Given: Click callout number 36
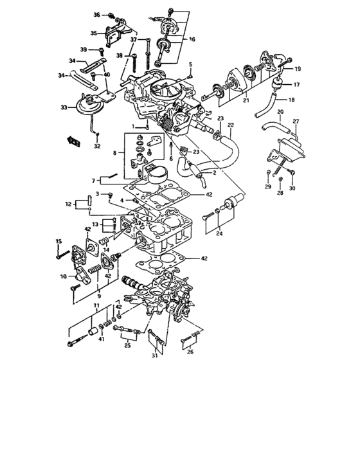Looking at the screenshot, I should (x=97, y=14).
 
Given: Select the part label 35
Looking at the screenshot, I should (x=94, y=33).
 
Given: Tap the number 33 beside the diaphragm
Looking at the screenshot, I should (x=64, y=107).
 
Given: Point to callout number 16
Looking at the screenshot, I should (x=192, y=39).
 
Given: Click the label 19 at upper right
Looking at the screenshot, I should (x=298, y=68).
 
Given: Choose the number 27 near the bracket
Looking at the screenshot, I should (x=296, y=121).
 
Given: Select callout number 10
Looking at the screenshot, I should (x=64, y=276).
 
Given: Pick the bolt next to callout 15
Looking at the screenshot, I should (x=64, y=255).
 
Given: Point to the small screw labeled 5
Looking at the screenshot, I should (x=190, y=74).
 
